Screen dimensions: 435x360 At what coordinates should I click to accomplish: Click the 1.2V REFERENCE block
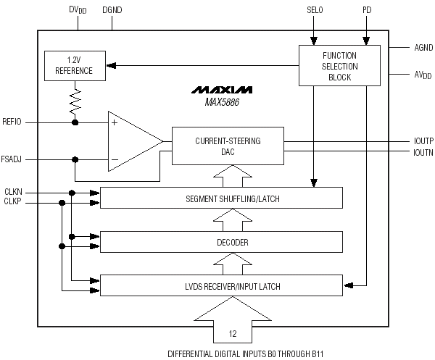75,66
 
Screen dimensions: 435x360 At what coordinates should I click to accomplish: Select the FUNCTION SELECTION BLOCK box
339,66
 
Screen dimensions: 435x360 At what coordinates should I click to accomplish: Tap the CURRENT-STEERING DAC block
228,146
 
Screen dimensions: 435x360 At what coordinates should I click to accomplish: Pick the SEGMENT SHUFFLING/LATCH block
221,198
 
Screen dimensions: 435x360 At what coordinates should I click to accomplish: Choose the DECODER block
221,242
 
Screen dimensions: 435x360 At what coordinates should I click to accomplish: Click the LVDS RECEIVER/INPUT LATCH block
221,285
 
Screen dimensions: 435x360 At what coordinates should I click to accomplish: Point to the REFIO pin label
12,122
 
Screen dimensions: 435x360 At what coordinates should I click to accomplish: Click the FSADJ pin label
11,159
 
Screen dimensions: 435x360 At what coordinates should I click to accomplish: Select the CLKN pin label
13,192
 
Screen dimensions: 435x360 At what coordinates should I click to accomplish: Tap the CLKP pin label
12,201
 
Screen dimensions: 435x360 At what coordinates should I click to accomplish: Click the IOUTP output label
423,141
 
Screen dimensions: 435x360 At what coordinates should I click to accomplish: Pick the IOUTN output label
423,152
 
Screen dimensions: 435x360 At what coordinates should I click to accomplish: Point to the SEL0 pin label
315,10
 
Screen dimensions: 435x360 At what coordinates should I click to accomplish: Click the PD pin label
367,10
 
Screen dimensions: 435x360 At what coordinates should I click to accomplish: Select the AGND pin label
423,48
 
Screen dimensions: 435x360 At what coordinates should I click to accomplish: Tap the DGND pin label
112,10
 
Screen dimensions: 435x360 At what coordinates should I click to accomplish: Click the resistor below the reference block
75,101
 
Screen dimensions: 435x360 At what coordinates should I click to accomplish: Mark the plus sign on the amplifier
115,122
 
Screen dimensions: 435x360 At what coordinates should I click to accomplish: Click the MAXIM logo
222,90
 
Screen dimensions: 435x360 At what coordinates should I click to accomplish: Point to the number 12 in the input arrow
233,334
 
